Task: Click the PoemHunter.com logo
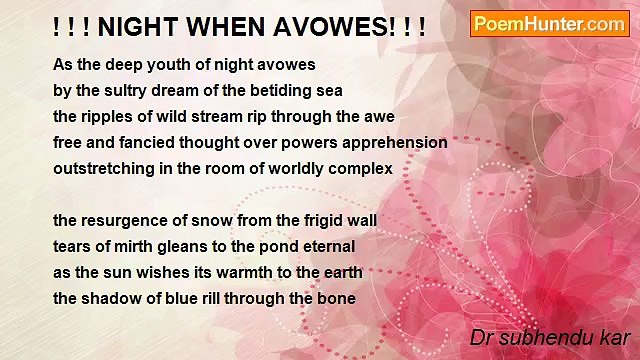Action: click(x=549, y=24)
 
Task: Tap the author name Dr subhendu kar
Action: click(x=551, y=338)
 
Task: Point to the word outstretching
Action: click(x=103, y=168)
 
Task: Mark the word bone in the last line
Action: click(x=337, y=298)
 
